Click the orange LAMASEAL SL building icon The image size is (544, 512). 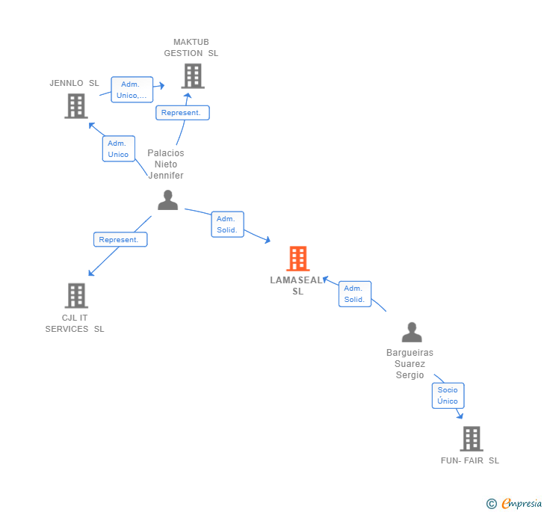coord(297,259)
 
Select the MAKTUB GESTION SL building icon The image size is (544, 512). coord(192,75)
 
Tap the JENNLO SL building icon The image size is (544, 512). coord(75,105)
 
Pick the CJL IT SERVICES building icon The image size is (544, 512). coord(75,295)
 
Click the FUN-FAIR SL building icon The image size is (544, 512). coord(471,438)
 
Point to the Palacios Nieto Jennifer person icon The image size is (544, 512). coord(167,200)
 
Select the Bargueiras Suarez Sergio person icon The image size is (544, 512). coord(411,332)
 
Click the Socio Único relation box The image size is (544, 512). coord(448,395)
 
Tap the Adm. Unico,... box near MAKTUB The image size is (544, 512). coord(132,90)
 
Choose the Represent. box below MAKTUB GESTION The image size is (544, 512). coord(182,113)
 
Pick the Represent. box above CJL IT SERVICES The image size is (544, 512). coord(120,240)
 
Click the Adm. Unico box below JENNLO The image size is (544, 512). coord(118,149)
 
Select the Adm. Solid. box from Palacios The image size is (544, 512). coord(227,224)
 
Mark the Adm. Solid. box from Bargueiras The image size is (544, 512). coord(354,294)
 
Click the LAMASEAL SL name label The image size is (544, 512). coord(297,286)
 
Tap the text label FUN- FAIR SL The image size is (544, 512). coord(469,460)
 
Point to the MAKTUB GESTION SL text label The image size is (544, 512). coord(191,48)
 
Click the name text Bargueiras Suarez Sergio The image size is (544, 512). coord(409,363)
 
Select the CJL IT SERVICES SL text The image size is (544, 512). coord(75,323)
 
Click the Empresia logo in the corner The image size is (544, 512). coord(515,504)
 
